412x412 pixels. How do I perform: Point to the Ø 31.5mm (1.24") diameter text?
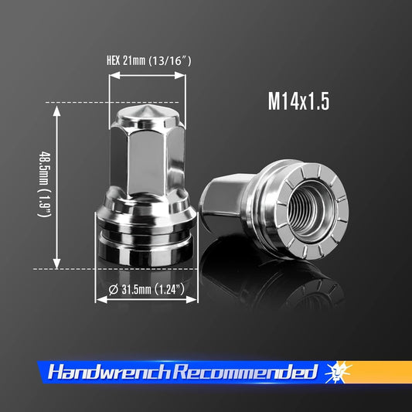[x=147, y=291]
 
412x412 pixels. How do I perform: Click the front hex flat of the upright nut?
[x=147, y=166]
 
